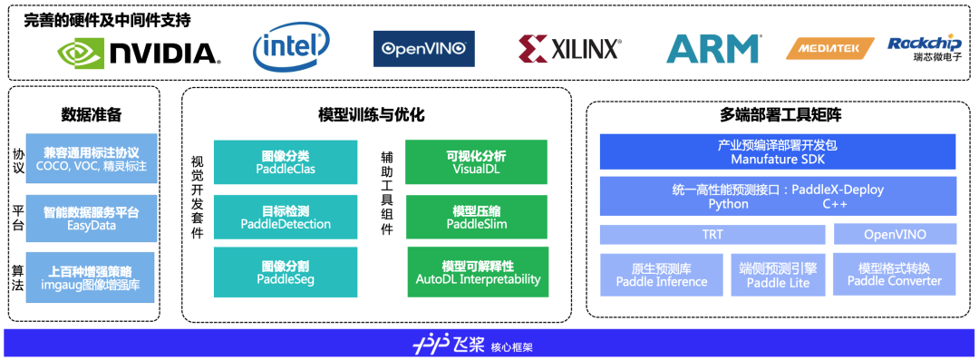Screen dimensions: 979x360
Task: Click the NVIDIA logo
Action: point(138,52)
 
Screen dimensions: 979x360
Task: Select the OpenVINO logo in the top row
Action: point(424,49)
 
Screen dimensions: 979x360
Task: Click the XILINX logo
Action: point(569,48)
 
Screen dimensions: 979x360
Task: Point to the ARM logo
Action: point(712,49)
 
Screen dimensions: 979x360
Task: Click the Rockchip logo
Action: point(925,47)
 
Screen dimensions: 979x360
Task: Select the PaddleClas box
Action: point(286,162)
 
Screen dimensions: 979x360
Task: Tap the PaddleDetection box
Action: point(286,217)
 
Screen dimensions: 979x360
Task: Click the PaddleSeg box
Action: point(286,273)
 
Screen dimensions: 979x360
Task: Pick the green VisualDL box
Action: point(477,162)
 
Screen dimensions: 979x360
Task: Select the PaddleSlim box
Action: point(477,217)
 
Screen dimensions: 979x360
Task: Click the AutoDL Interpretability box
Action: point(478,272)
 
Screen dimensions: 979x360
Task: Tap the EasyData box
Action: point(92,219)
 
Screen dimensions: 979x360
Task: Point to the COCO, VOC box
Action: point(92,158)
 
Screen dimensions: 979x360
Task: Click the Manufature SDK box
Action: point(778,151)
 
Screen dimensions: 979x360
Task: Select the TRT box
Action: point(712,234)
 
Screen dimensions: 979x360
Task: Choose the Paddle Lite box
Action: point(778,275)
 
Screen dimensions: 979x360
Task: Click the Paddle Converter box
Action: point(894,275)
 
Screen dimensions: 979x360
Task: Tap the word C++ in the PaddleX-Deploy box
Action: point(834,204)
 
